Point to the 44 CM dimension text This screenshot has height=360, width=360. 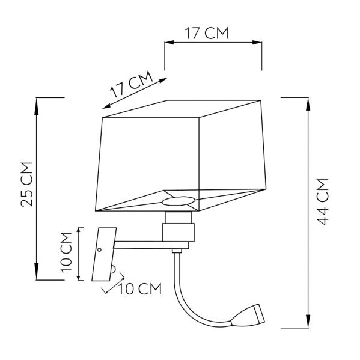323,201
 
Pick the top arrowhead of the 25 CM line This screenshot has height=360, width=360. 37,101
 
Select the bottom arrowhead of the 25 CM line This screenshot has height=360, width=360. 37,276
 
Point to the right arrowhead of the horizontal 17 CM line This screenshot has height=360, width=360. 258,43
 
